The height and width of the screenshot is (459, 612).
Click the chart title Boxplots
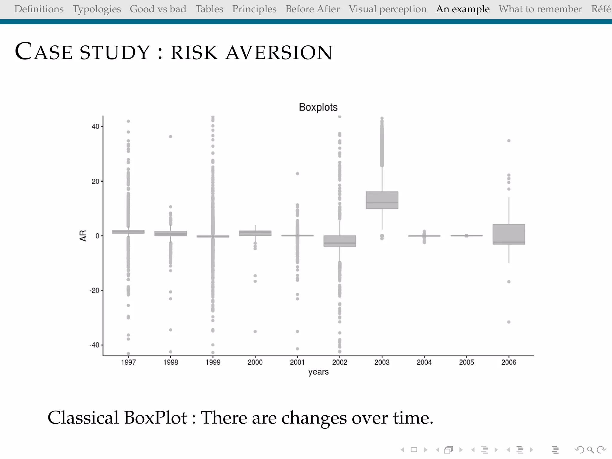[318, 107]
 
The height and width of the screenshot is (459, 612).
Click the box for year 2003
[382, 200]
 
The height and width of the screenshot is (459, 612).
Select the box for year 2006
[509, 234]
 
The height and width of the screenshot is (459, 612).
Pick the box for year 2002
[339, 241]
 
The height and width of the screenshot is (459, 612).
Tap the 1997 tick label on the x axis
[128, 362]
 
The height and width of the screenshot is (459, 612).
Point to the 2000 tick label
[255, 362]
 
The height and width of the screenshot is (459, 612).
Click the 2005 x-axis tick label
[466, 362]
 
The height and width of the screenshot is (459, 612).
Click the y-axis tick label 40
[95, 127]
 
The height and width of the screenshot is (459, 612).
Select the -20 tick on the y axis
[94, 290]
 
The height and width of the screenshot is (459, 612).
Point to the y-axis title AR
[83, 236]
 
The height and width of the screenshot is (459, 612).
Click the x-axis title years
[318, 372]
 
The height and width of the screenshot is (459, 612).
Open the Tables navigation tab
[209, 9]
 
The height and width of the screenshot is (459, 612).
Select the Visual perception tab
[387, 9]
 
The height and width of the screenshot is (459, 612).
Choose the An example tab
[463, 9]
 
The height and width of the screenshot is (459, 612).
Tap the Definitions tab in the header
[39, 9]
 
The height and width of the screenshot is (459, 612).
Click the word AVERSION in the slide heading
[279, 53]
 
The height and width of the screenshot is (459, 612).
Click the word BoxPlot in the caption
[155, 417]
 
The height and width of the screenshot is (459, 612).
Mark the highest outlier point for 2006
[509, 141]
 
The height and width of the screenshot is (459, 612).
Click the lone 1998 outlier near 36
[170, 137]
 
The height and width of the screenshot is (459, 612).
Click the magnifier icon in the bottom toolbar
[590, 450]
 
